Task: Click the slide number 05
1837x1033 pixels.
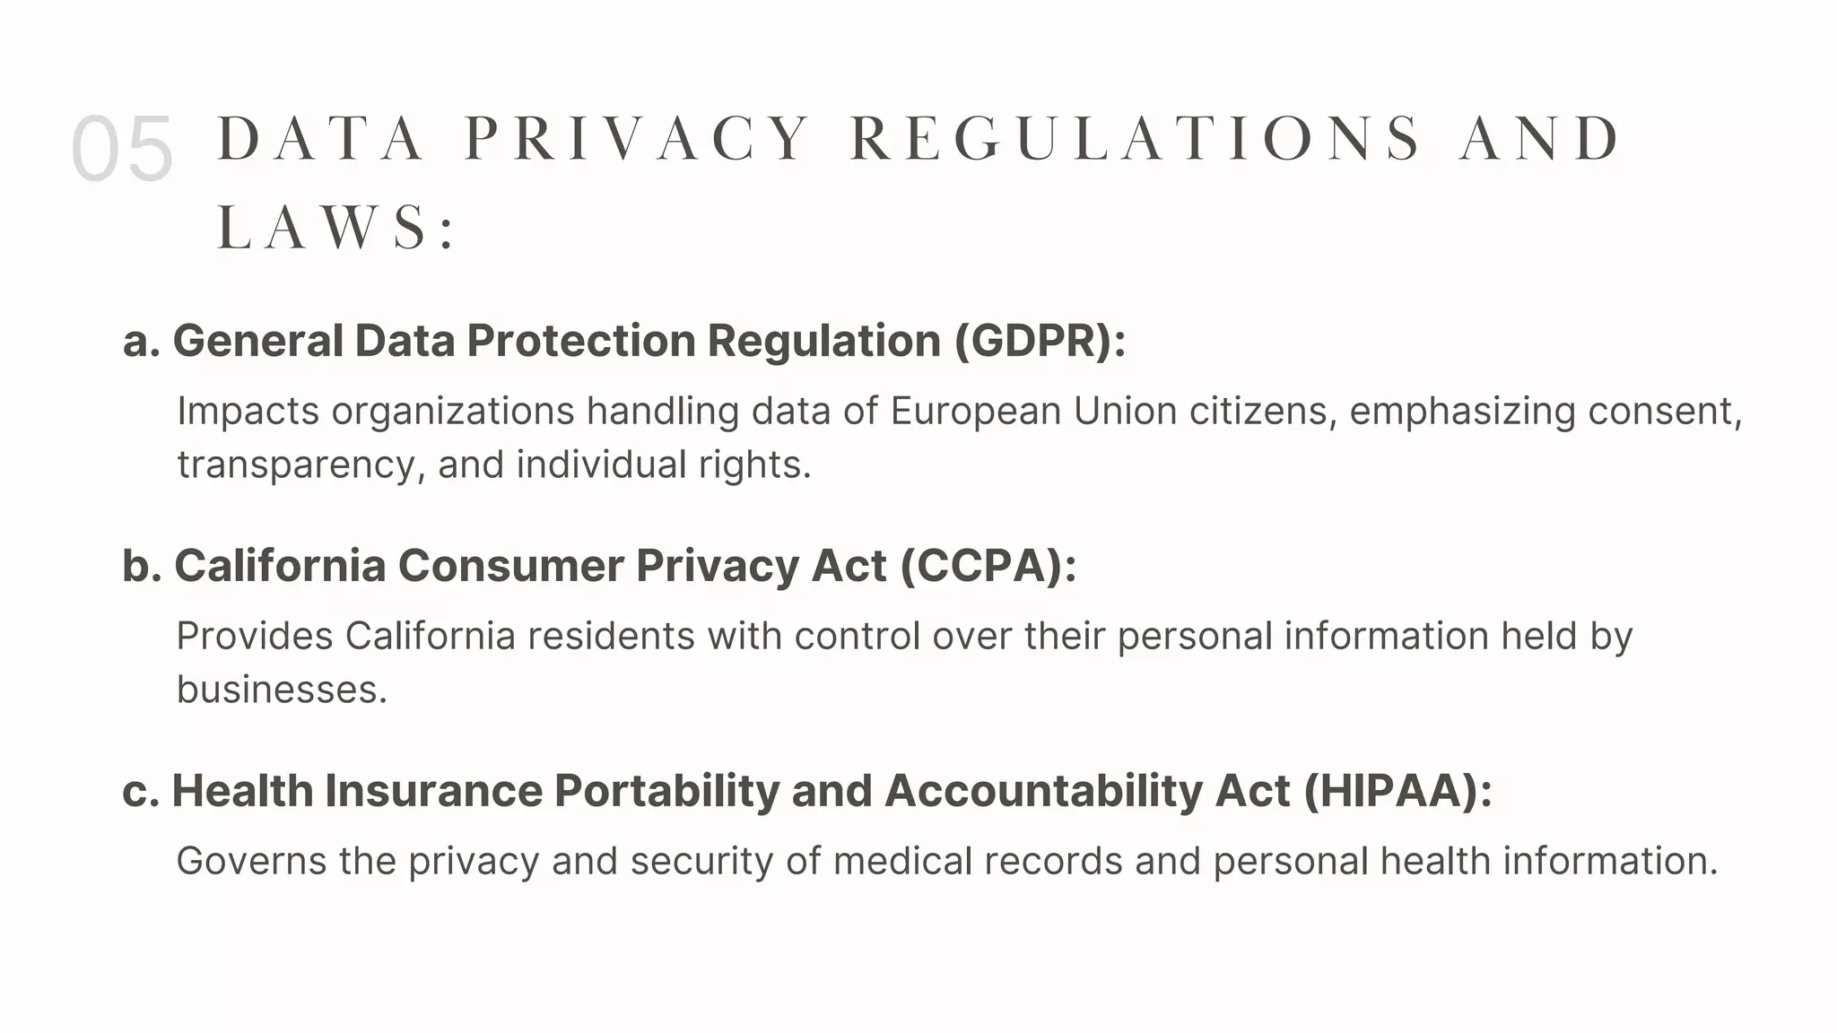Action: [x=122, y=149]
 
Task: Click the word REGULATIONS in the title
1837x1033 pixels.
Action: [x=1136, y=139]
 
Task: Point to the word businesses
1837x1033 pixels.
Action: [x=282, y=690]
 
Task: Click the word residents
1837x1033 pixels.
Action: [x=611, y=637]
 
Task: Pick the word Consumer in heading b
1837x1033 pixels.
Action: [x=510, y=566]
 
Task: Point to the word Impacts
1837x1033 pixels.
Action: [x=248, y=412]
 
